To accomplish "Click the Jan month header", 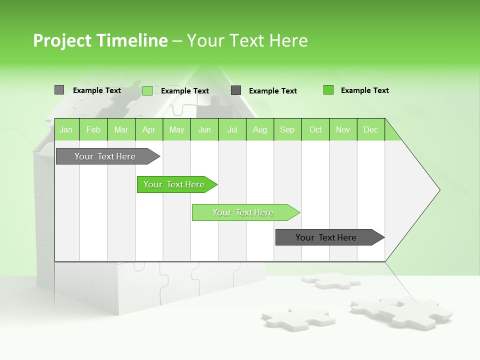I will [66, 129].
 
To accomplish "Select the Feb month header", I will [93, 129].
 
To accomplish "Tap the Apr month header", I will [148, 129].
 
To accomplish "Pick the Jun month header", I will [204, 129].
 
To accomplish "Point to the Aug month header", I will [259, 129].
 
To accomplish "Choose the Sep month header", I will [287, 129].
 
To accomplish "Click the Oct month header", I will [315, 129].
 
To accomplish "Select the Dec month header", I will [370, 129].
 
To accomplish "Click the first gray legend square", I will [59, 90].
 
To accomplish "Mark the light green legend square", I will [147, 90].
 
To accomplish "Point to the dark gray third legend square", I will [236, 90].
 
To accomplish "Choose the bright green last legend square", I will [328, 90].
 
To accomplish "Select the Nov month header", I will [342, 129].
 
